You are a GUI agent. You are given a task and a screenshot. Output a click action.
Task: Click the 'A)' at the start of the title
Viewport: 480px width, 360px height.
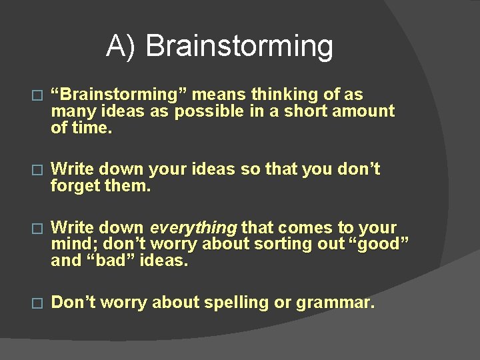click(122, 47)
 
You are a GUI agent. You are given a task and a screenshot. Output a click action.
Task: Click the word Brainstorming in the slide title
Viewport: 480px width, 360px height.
click(239, 47)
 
